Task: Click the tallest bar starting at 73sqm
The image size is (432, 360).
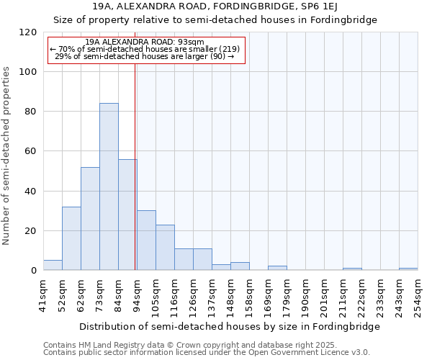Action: (x=109, y=187)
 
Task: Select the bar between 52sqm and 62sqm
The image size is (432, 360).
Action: (x=71, y=238)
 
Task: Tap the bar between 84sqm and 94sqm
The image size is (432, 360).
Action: (x=127, y=215)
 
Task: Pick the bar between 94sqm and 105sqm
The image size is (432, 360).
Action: (x=146, y=240)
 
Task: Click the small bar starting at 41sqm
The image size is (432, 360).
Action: (x=53, y=266)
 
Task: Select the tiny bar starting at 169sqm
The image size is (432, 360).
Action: (x=277, y=269)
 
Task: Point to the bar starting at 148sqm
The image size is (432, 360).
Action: (x=240, y=266)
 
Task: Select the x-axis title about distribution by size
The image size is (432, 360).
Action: (x=229, y=326)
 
